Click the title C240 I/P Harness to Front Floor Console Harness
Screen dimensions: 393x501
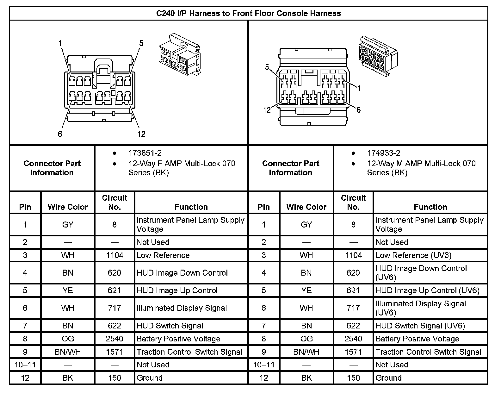click(249, 13)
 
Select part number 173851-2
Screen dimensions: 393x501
click(145, 153)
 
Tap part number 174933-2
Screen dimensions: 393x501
click(383, 153)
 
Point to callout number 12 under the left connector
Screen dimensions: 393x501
click(141, 134)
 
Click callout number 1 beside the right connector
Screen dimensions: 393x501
click(359, 89)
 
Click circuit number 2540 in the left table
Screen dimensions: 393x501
click(114, 339)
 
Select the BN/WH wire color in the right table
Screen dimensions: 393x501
click(306, 352)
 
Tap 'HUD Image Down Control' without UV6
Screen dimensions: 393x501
click(182, 273)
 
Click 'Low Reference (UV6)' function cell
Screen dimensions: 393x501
click(413, 255)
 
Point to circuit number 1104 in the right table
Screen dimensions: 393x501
click(353, 255)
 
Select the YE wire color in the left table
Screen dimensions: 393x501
click(68, 290)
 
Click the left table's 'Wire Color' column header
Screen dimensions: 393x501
click(68, 207)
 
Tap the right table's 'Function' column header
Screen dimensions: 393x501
click(430, 207)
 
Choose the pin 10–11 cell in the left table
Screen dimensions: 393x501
click(25, 365)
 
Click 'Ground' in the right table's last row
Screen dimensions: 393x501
click(388, 378)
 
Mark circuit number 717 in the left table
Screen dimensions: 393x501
click(114, 308)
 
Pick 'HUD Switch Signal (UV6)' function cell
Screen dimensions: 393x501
click(420, 326)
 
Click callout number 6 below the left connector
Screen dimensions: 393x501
click(60, 134)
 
